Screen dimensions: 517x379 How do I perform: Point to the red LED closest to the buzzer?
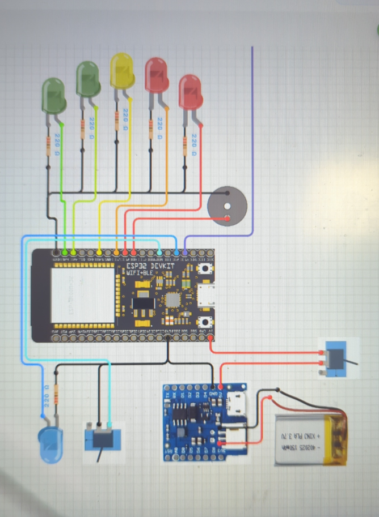(x=191, y=92)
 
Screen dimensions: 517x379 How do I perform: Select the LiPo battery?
(x=310, y=439)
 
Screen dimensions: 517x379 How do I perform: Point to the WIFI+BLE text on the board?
(x=139, y=273)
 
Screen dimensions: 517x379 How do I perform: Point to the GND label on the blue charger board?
(x=213, y=394)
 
